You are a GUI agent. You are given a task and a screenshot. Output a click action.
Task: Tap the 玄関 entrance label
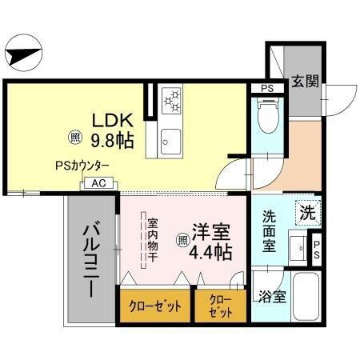[304, 80]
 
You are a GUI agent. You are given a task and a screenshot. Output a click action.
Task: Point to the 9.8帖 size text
[111, 141]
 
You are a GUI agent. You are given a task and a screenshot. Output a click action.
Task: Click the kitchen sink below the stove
[172, 141]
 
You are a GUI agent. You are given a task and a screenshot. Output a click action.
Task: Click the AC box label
[98, 183]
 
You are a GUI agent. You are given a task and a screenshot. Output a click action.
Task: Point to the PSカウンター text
[82, 166]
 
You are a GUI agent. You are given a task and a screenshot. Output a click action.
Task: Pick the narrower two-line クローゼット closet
[221, 306]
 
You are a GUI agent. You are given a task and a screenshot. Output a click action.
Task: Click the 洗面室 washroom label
[270, 233]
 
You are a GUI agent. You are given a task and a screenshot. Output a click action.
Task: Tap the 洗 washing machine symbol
[307, 213]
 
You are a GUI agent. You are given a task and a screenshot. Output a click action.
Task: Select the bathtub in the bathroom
[306, 297]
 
